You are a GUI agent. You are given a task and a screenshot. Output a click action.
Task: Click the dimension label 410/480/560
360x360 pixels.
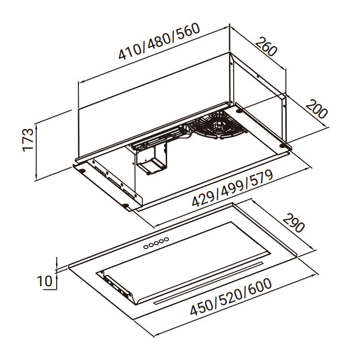(x=159, y=41)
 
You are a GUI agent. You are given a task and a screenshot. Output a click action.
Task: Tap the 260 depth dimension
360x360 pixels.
(x=266, y=46)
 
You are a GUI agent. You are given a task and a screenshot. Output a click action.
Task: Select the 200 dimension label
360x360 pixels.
(x=317, y=109)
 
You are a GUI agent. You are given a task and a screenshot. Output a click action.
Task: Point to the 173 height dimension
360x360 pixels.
(x=28, y=140)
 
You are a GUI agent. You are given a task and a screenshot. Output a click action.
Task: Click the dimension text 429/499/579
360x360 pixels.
(x=232, y=188)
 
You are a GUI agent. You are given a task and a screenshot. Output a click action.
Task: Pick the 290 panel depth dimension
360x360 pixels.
(x=294, y=223)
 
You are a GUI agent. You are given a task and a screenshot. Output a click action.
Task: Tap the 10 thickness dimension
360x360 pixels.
(x=44, y=281)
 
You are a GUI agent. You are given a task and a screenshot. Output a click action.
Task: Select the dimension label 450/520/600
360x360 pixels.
(x=231, y=297)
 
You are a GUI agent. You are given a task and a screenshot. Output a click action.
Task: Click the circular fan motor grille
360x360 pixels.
(x=218, y=125)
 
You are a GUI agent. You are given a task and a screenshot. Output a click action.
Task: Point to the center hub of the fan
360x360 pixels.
(x=220, y=125)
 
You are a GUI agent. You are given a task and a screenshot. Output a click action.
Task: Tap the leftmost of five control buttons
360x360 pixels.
(x=146, y=247)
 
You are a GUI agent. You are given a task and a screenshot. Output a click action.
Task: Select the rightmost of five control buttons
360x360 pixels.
(x=166, y=239)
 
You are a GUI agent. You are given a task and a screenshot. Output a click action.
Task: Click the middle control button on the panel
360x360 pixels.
(x=156, y=243)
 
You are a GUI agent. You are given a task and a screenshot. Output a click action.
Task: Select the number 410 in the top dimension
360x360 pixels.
(x=131, y=51)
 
